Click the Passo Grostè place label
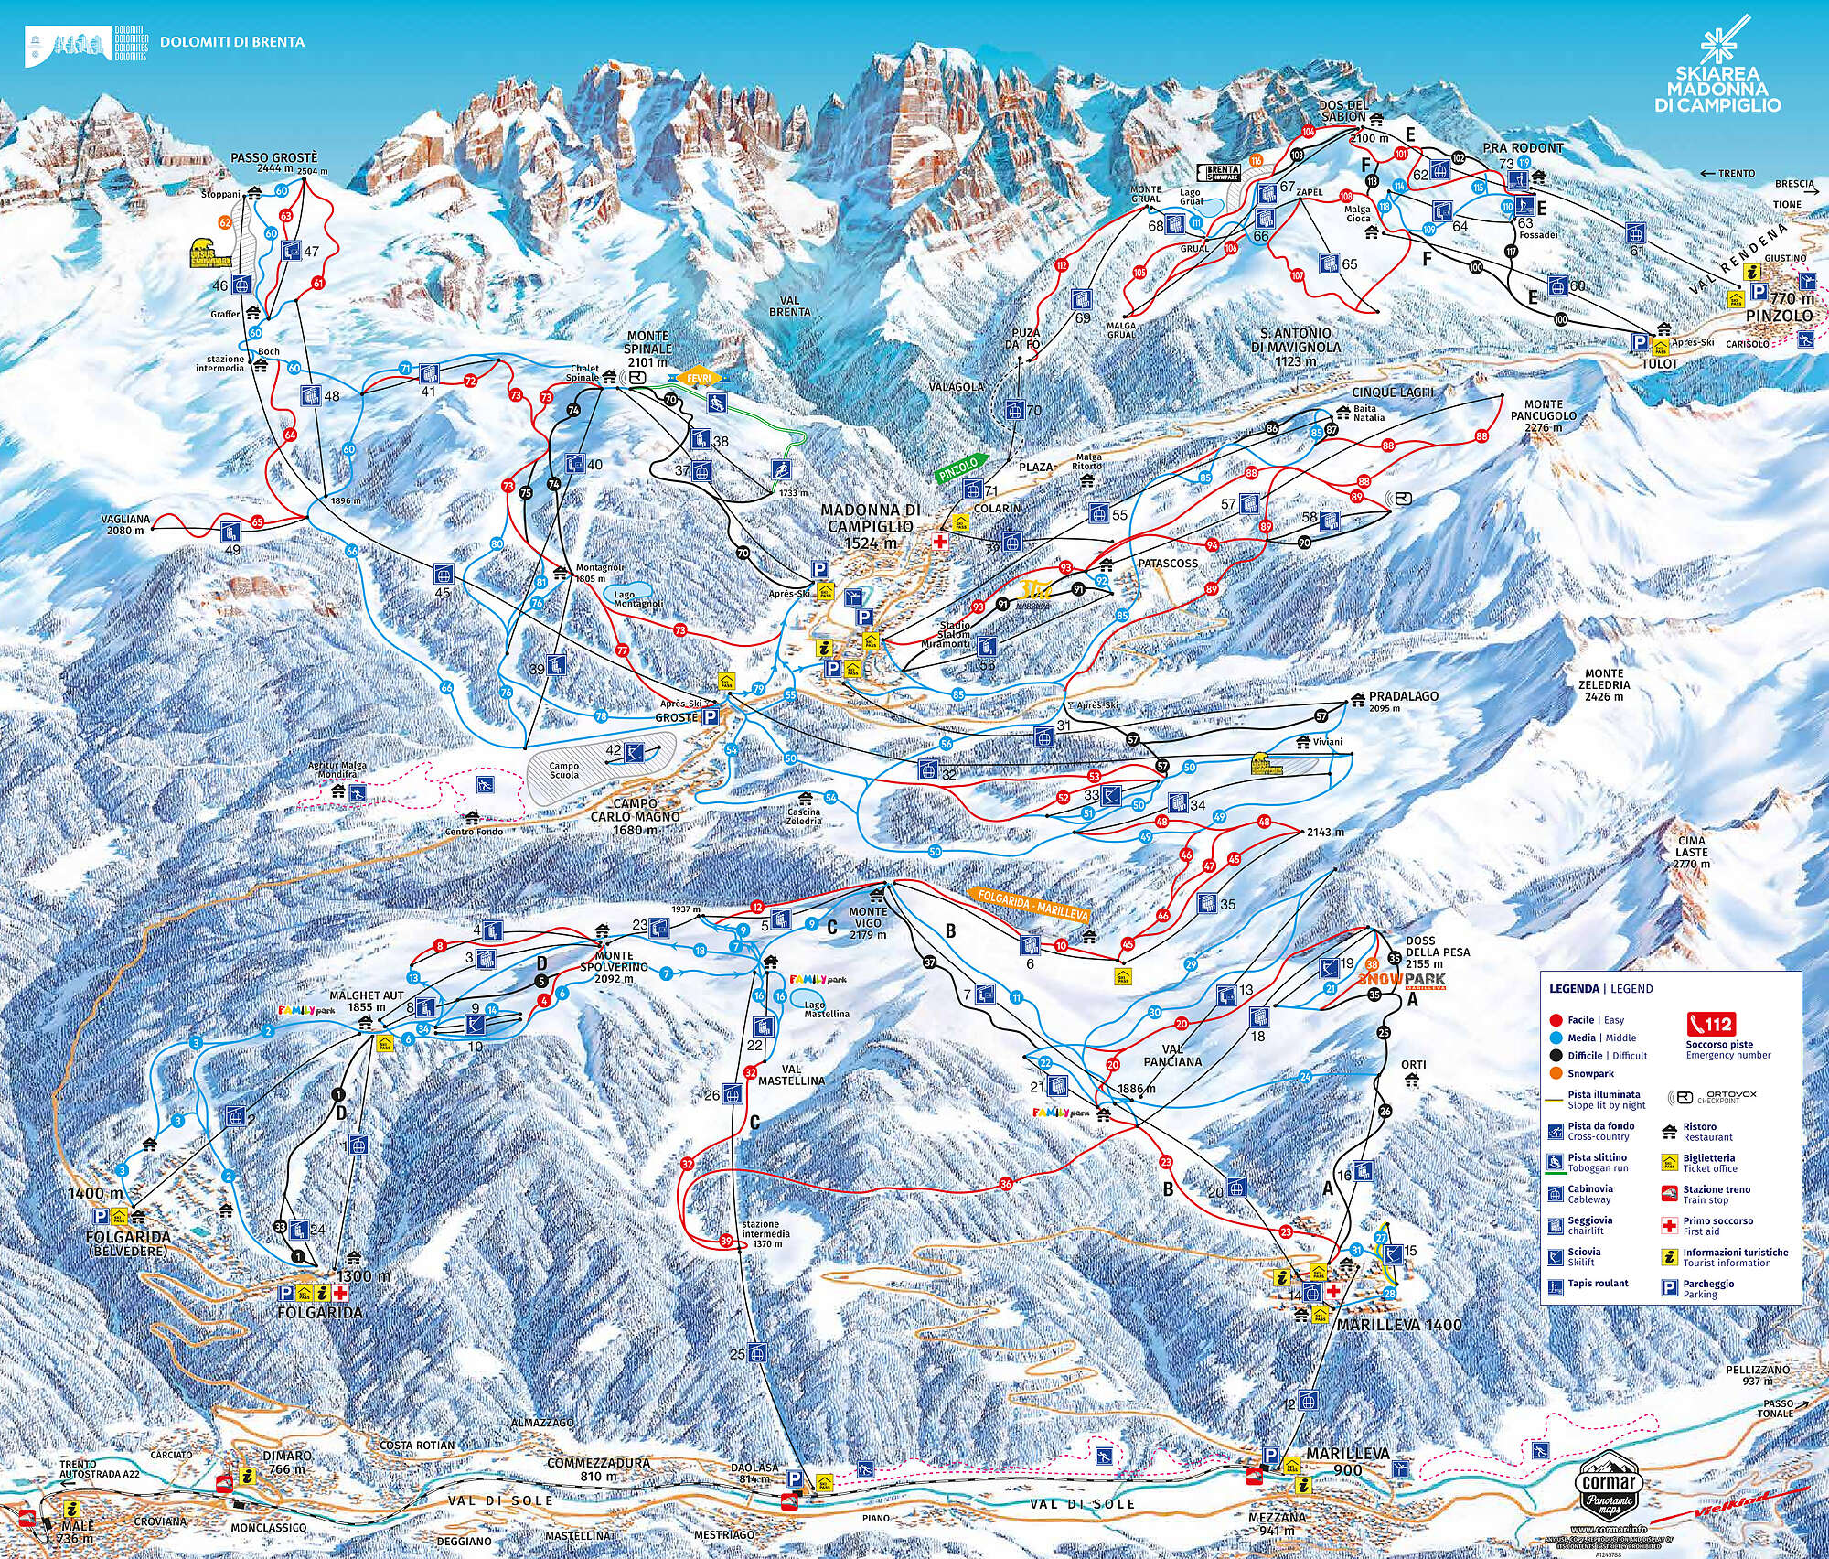coord(262,156)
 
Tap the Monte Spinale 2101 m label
coord(648,349)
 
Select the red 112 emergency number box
coord(1709,1024)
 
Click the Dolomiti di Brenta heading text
coord(232,42)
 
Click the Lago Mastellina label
coord(827,1009)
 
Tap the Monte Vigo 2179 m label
coord(867,922)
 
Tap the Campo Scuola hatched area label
coord(564,769)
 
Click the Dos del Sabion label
coord(1350,111)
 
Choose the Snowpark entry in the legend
coord(1589,1073)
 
